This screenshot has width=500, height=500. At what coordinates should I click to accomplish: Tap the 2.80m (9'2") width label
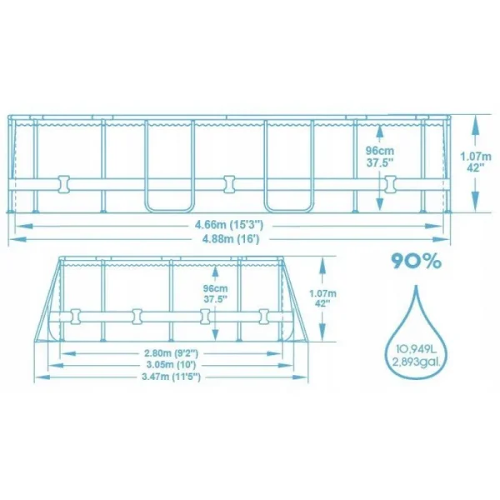click(x=170, y=352)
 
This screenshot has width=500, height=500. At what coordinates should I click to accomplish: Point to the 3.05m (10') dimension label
click(x=170, y=365)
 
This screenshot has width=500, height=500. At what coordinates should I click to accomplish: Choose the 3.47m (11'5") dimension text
click(x=170, y=378)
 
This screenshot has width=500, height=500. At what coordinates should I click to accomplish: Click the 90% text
click(x=416, y=262)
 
